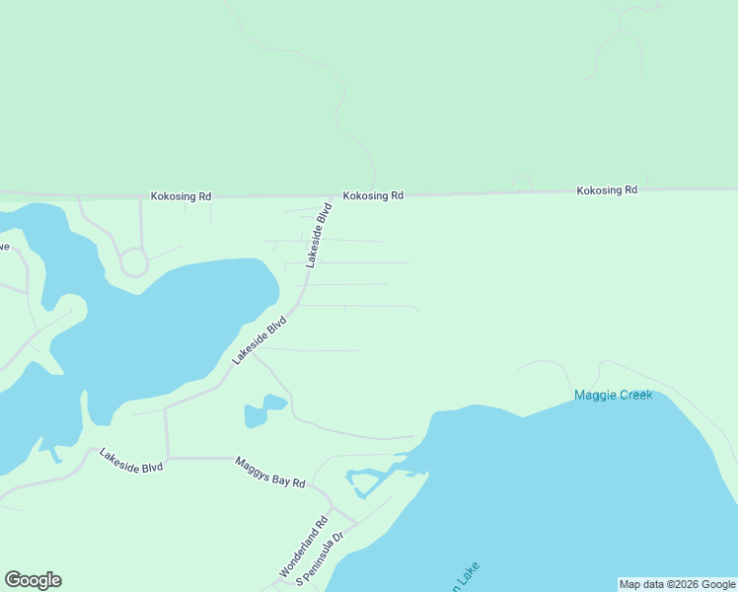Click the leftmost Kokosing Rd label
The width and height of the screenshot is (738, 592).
tap(181, 196)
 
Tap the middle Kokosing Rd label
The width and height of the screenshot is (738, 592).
tap(373, 195)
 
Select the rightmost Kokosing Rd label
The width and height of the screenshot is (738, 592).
tap(607, 189)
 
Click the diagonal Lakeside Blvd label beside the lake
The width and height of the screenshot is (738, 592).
tap(258, 340)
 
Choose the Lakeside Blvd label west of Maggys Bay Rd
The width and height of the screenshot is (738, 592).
tap(130, 460)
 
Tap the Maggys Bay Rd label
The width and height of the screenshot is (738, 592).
tap(269, 472)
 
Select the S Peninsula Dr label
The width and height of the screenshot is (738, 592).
tap(325, 558)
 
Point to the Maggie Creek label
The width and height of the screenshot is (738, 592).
tap(613, 396)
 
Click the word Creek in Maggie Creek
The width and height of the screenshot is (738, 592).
tap(634, 396)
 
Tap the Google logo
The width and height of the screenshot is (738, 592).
tap(33, 580)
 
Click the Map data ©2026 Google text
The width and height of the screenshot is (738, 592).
tap(677, 584)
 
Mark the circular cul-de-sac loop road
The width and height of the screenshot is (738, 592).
tap(133, 262)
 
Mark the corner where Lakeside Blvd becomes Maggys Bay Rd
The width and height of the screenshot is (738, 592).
tap(167, 458)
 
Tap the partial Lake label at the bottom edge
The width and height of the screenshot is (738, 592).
tap(464, 577)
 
